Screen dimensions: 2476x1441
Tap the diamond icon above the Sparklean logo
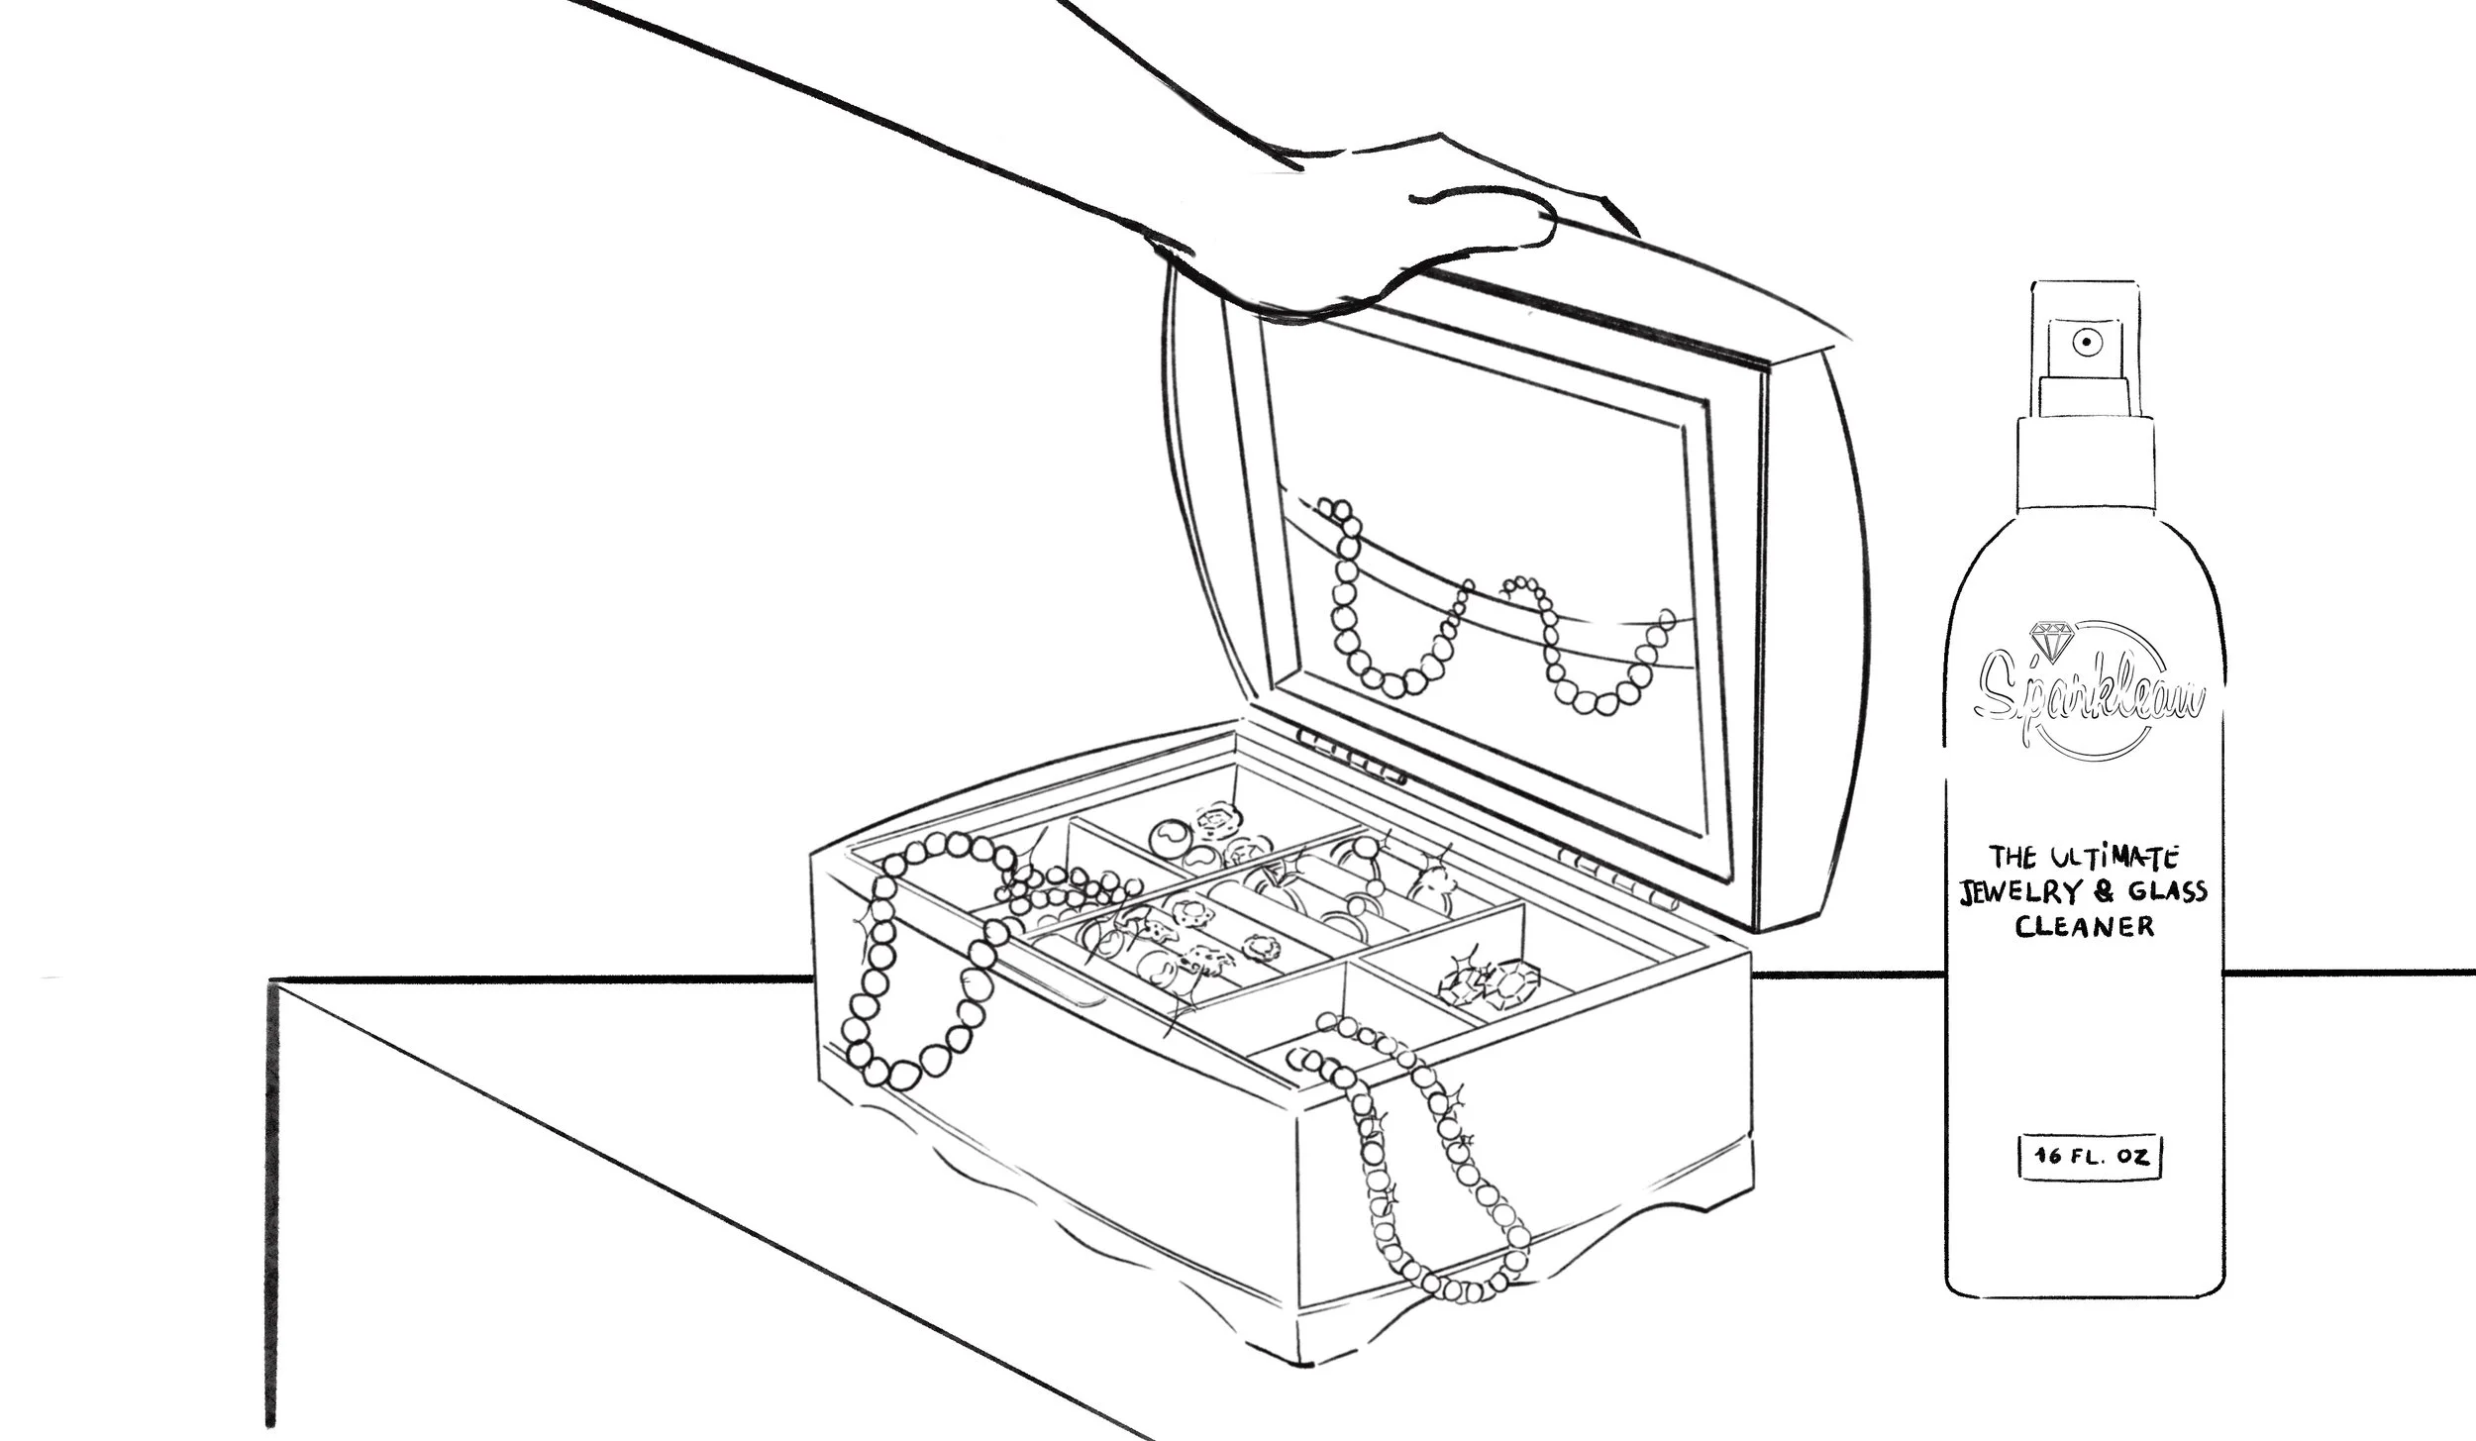coord(2048,639)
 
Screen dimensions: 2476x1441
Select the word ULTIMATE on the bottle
coord(2109,856)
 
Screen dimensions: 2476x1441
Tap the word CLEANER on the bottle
coord(2085,927)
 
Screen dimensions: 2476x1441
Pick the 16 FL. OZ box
coord(2089,1156)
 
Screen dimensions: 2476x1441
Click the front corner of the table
coord(275,982)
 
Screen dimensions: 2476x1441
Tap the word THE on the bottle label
coord(2005,857)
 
